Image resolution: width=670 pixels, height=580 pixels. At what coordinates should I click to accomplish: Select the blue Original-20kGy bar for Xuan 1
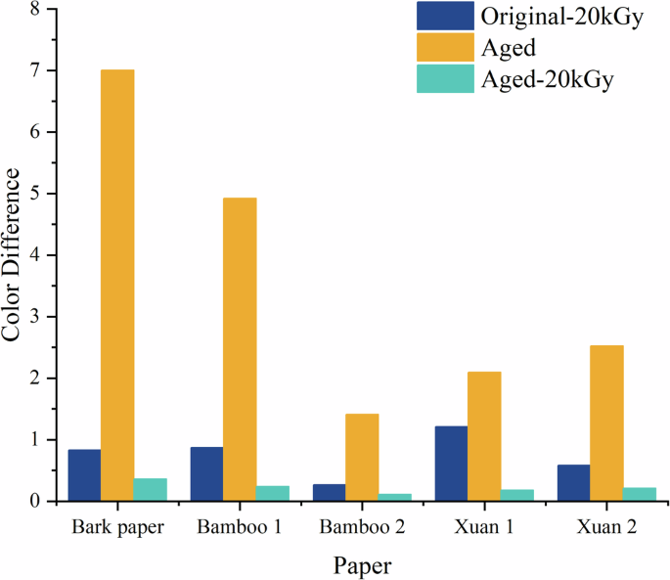coord(451,464)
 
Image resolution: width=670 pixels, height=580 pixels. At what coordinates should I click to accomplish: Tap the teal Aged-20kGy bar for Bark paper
coord(151,489)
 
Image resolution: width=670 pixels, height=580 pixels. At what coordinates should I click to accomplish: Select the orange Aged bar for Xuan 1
coord(484,436)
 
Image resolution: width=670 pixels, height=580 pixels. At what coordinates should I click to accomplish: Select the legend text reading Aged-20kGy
coord(547,80)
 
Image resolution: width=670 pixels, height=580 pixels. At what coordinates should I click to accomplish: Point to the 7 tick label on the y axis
coord(36,70)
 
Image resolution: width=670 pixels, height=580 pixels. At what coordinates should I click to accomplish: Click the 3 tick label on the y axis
coord(36,317)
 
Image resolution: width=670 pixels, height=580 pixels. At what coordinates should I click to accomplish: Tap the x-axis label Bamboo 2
coord(362,527)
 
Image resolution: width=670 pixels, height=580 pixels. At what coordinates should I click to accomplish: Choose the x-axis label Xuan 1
coord(484,527)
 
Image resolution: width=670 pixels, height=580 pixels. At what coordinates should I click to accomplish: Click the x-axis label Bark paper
coord(117,527)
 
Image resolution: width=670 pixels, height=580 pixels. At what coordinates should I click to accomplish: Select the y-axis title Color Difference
coord(13,254)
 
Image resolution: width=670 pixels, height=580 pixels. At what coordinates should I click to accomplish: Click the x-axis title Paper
coord(362,566)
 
